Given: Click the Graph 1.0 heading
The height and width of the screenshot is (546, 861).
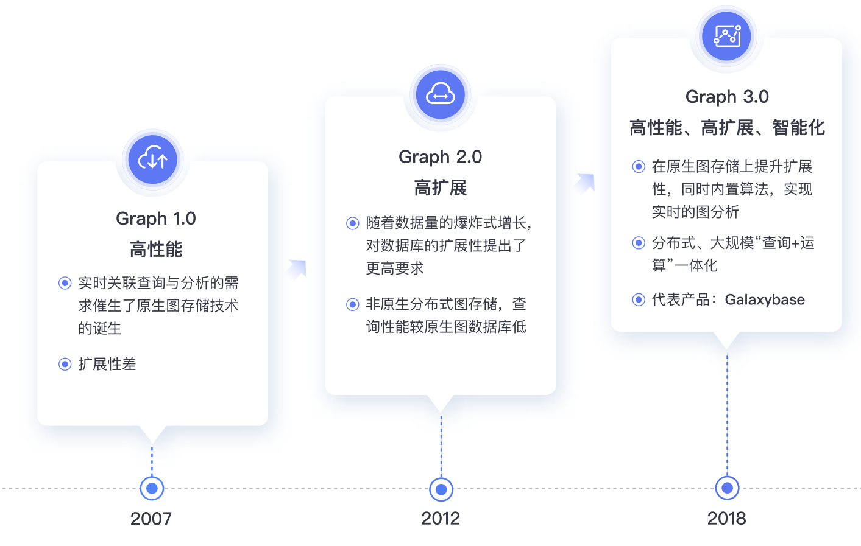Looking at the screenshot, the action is (156, 219).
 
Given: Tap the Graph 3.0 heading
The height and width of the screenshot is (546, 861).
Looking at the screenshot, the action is (727, 97).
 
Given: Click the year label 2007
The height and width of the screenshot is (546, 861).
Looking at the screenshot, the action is (151, 519).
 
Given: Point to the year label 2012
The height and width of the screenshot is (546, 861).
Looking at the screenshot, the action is (441, 519).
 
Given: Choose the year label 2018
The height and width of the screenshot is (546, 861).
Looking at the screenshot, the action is (727, 519).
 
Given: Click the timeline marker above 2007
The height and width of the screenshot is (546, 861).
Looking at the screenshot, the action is (152, 488).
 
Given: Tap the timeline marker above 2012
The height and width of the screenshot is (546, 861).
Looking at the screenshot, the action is (441, 489).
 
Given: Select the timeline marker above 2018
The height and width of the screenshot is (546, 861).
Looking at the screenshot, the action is (727, 488).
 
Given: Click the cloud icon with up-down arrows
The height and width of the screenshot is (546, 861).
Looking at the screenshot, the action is (152, 159).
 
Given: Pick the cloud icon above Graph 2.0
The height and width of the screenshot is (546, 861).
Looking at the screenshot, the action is (441, 94).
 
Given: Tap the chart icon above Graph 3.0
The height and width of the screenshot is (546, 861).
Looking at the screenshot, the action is (726, 36).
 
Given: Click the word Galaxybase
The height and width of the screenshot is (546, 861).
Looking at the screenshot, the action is (765, 300).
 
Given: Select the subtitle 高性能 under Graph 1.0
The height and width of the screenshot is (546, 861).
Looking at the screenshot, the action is (156, 249).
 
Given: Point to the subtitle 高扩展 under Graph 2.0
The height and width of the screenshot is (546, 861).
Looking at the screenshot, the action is (441, 187).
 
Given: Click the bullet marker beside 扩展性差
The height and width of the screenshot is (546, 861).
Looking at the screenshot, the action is (65, 364).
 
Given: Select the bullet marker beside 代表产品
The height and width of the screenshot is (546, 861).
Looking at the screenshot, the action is (639, 299).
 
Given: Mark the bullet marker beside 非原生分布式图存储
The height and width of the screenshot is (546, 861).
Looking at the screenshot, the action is (352, 304).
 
